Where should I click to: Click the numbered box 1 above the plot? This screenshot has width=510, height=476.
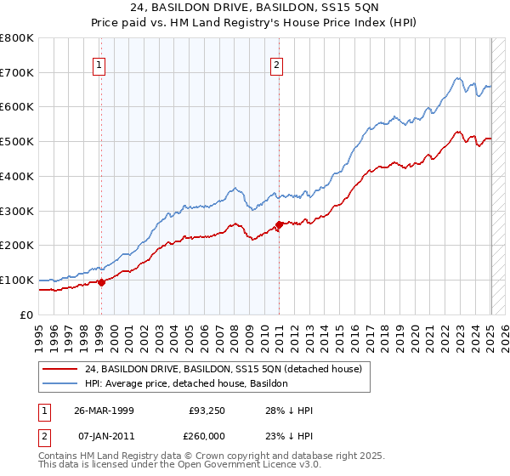pos(99,64)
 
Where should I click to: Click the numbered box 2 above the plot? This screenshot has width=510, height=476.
pos(277,64)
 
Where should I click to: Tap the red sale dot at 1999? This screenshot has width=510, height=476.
pos(101,282)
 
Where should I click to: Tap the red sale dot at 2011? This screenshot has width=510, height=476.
pos(279,224)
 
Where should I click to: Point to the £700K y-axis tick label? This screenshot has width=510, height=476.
pos(17,72)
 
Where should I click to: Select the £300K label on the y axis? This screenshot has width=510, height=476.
pos(17,211)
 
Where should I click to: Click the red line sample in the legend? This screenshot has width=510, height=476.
pos(59,369)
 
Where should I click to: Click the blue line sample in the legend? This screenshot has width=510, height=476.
pos(59,383)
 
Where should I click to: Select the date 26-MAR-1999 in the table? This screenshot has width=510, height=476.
pos(104,410)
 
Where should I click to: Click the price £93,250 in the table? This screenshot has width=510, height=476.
pos(207,410)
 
